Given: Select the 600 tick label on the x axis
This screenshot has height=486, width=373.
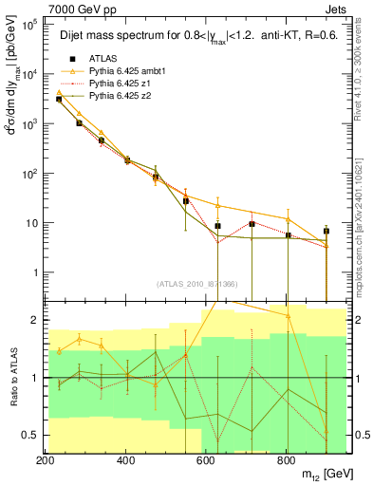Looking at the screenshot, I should point(206,459).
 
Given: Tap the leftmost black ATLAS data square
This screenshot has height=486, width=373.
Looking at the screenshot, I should point(59,99).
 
